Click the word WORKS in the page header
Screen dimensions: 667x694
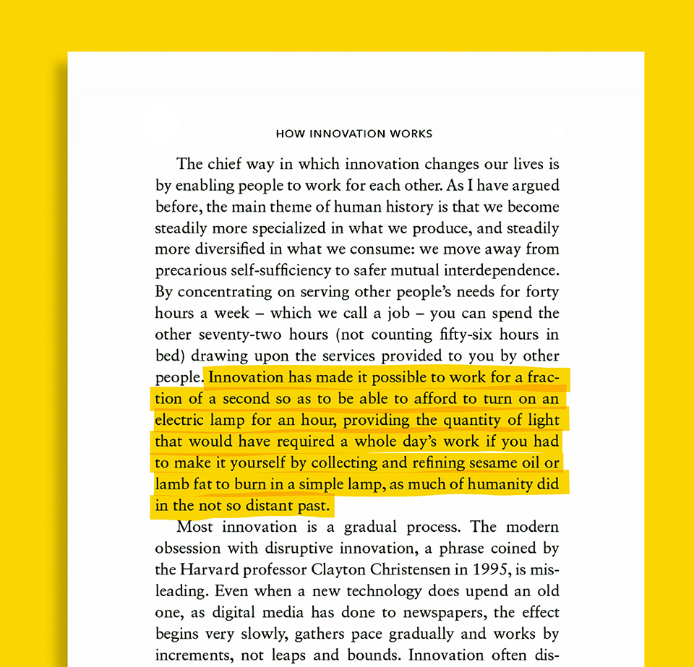tap(411, 134)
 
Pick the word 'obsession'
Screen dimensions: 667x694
tap(187, 548)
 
